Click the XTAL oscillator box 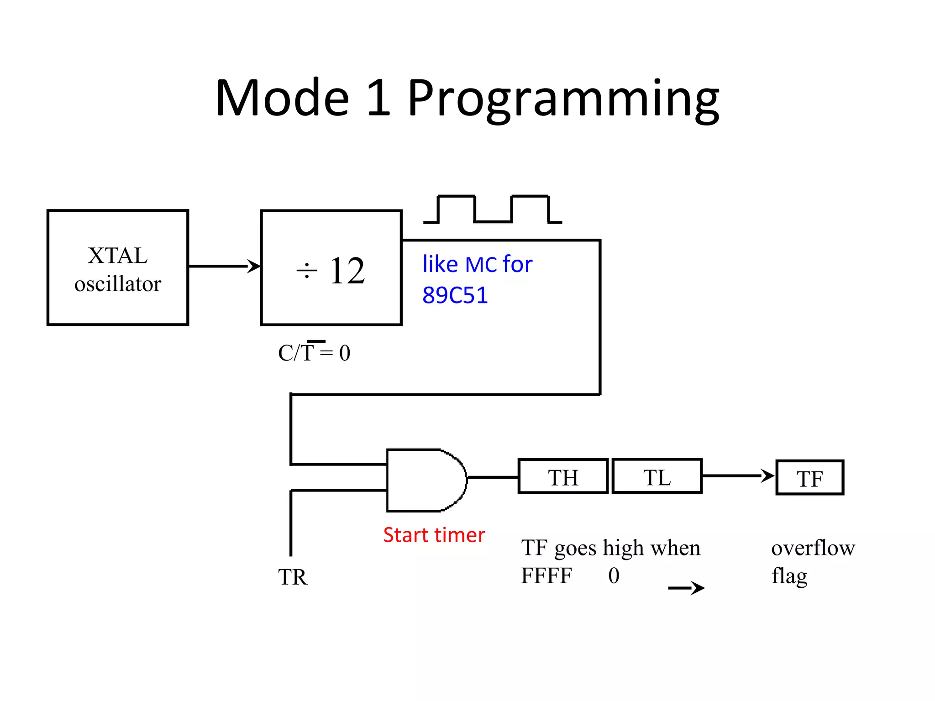118,268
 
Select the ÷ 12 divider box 331,268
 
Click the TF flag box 810,478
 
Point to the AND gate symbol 425,480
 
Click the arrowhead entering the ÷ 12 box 254,266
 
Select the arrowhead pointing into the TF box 768,476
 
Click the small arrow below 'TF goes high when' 687,588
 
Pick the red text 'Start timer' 434,535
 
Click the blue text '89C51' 455,295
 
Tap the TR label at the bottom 293,577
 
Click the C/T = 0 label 314,353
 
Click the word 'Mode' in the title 282,98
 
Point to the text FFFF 546,576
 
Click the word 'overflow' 813,548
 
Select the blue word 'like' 440,264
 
